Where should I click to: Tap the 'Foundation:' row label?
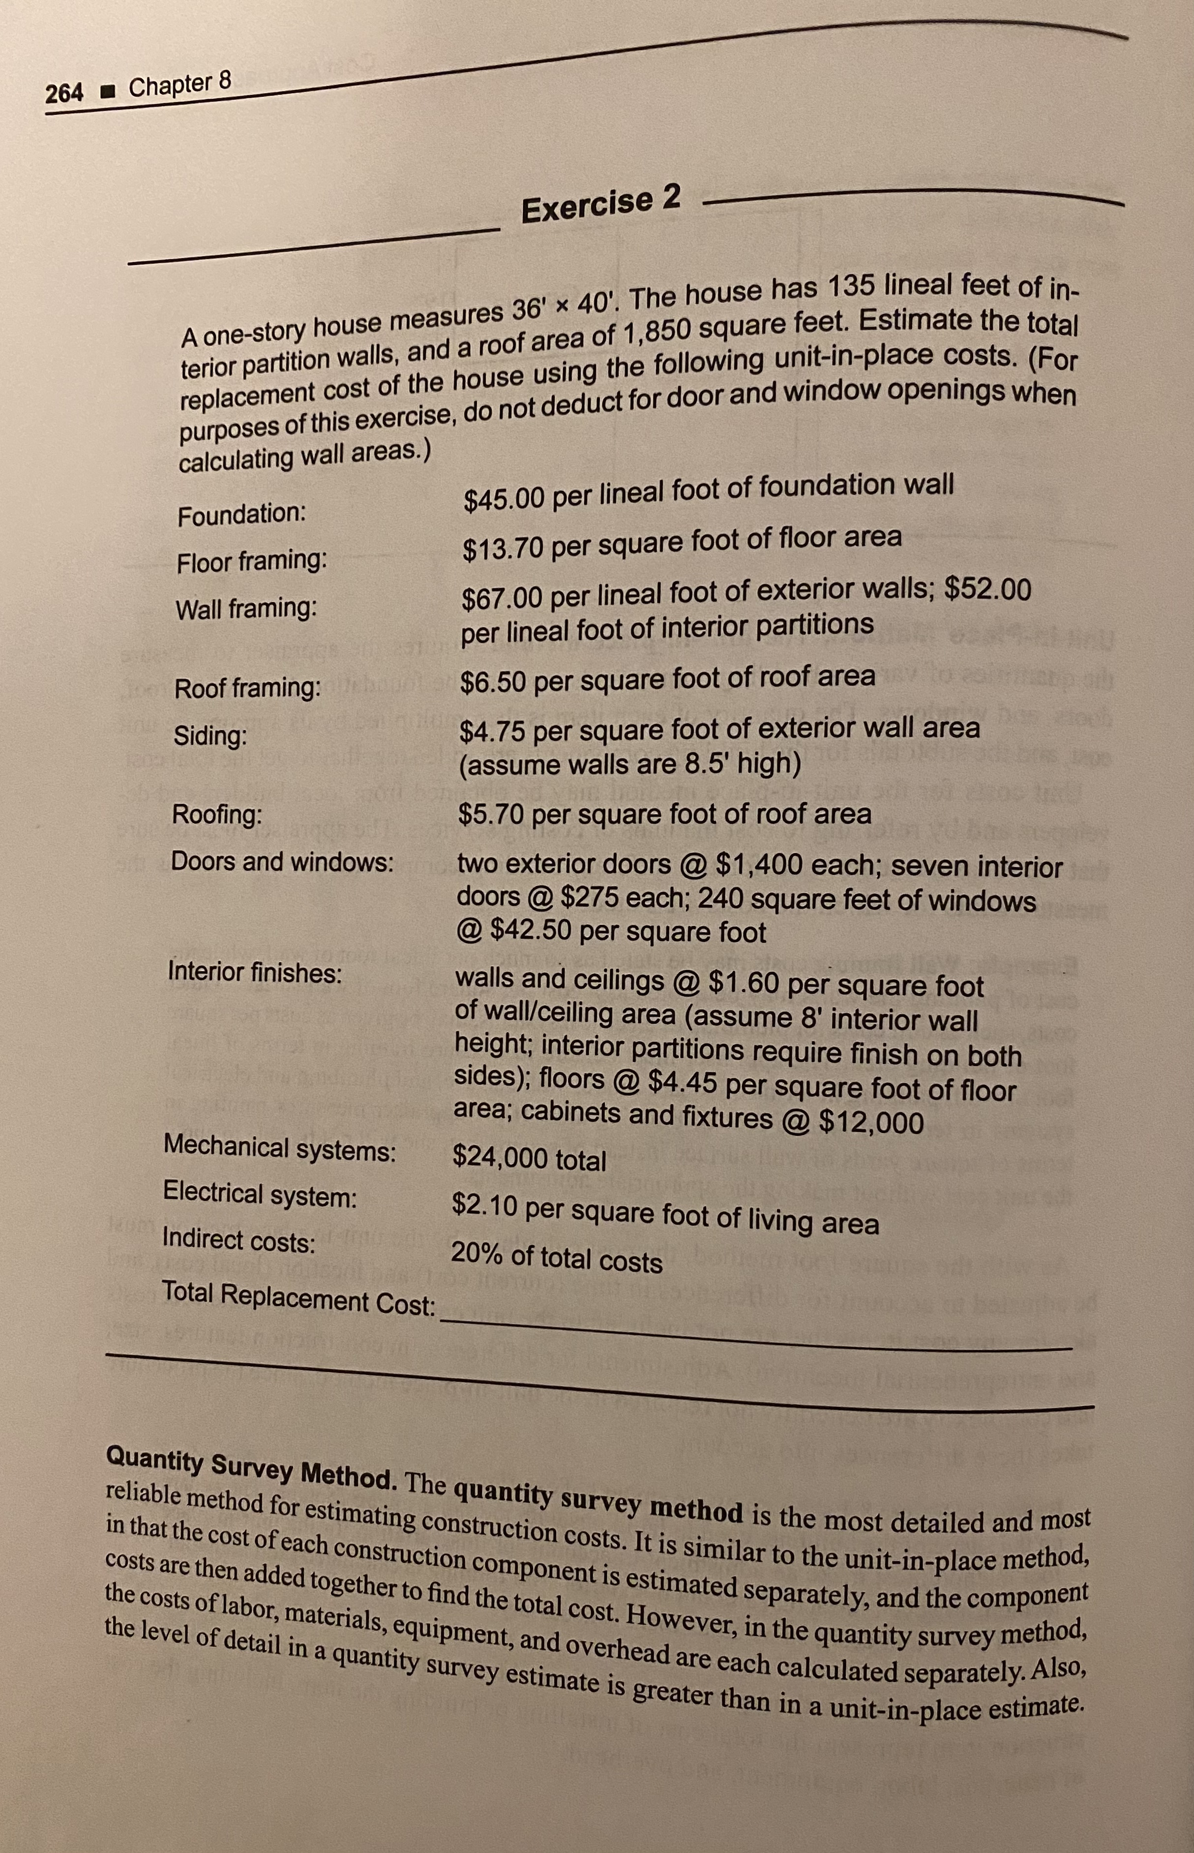(241, 514)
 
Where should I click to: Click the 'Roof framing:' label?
(247, 688)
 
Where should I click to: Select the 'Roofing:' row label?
(216, 814)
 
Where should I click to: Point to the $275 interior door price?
(593, 897)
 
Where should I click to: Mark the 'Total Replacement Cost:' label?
(298, 1297)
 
